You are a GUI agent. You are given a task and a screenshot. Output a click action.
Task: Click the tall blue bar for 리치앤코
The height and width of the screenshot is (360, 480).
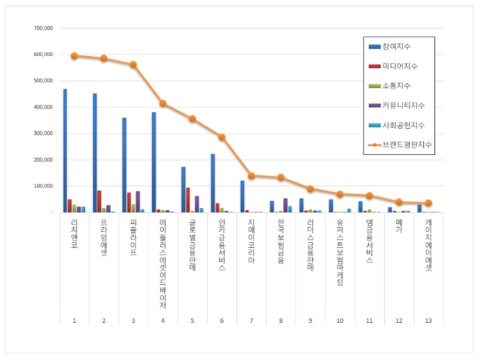[x=65, y=151]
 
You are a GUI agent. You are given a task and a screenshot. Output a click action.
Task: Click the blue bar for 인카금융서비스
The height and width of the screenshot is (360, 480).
[x=213, y=183]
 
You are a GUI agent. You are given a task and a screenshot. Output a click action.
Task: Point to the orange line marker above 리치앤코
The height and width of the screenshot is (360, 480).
[x=74, y=55]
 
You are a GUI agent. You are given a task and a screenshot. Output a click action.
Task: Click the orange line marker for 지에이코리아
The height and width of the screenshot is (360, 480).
[x=252, y=175]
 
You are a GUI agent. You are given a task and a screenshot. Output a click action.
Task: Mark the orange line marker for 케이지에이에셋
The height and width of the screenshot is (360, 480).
[x=428, y=203]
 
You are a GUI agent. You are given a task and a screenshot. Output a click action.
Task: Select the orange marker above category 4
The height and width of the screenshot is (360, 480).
[x=163, y=103]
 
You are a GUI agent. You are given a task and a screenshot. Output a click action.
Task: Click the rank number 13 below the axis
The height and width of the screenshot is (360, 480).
[x=428, y=321]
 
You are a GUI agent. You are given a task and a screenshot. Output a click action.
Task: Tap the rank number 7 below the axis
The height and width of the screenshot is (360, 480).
[x=252, y=321]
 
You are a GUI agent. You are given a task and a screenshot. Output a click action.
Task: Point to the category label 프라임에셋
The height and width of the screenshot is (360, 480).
[x=104, y=237]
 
